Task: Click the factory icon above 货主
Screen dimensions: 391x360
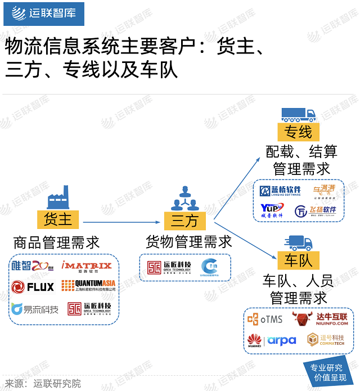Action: pos(58,198)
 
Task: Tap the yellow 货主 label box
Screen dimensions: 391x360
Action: pos(58,219)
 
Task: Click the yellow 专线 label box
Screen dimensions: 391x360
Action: pos(298,132)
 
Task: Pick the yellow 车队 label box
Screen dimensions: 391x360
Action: pos(298,260)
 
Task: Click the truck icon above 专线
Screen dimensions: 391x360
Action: pos(298,114)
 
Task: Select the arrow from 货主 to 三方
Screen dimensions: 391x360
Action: pos(121,222)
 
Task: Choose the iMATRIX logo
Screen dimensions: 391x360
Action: pos(87,266)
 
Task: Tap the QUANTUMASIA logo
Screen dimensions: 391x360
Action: pos(88,286)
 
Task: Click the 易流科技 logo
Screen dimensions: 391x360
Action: pos(34,309)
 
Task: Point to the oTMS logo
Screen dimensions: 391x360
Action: pos(265,319)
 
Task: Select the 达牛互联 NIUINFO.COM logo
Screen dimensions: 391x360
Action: pos(319,320)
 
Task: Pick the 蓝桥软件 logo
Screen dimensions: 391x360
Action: pos(281,191)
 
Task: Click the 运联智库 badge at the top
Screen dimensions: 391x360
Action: pos(44,14)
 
